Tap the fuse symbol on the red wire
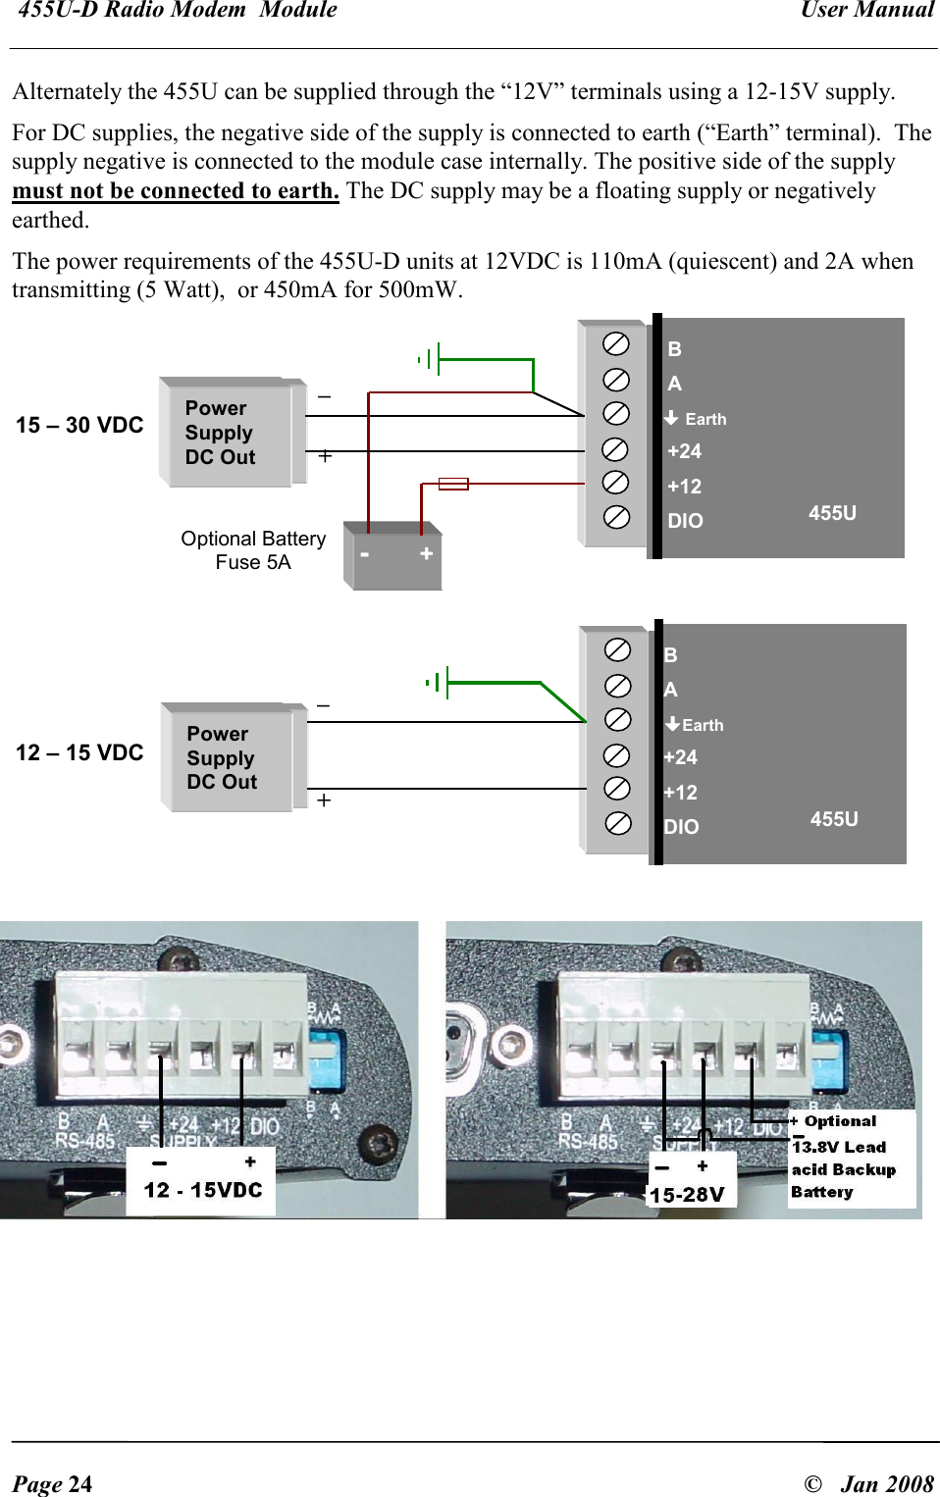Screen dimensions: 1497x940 click(453, 484)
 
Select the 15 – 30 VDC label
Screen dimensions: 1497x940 click(79, 425)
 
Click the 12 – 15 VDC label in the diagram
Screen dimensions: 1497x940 click(79, 752)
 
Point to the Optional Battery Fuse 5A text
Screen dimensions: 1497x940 click(253, 550)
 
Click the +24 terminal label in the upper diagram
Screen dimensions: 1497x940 click(684, 451)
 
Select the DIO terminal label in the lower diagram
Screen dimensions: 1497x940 click(681, 827)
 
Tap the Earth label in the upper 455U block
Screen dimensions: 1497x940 click(705, 419)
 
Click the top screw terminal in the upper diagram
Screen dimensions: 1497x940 click(616, 343)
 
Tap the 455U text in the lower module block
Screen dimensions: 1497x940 click(834, 819)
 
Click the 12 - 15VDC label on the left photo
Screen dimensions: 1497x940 click(203, 1190)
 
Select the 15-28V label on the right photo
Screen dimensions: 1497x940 click(687, 1195)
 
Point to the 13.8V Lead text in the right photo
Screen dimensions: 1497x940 click(839, 1147)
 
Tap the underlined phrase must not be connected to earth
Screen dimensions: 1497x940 click(176, 190)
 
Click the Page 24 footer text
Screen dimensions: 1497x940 click(53, 1483)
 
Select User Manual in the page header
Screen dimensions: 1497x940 click(866, 11)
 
